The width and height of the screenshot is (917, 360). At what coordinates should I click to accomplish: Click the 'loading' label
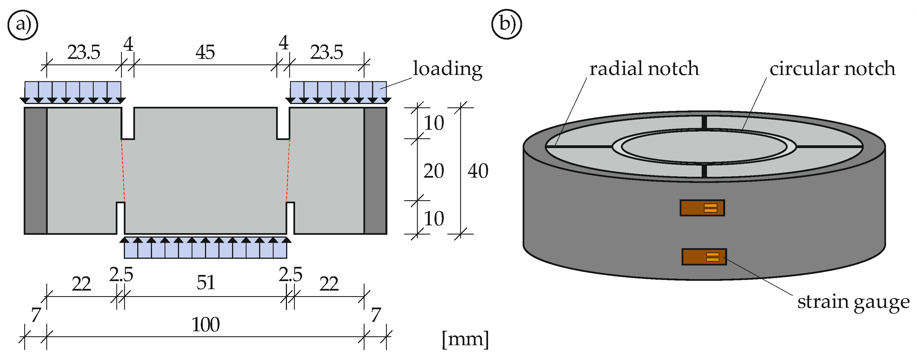click(x=447, y=68)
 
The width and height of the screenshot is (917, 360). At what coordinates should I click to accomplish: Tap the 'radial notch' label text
click(x=644, y=68)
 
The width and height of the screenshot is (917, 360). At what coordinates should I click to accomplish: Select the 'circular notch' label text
click(x=832, y=68)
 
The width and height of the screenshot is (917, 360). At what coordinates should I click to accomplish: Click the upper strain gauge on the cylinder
click(x=702, y=208)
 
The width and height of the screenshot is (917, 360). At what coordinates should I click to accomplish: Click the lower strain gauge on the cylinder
click(x=704, y=257)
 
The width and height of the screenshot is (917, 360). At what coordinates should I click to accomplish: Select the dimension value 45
click(x=205, y=52)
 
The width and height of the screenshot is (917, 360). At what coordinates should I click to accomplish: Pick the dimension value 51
click(x=206, y=283)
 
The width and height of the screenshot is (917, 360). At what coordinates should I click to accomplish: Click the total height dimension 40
click(x=478, y=171)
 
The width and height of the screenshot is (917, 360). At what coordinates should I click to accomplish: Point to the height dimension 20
click(x=434, y=171)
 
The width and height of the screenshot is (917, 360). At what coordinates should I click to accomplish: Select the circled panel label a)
click(x=23, y=25)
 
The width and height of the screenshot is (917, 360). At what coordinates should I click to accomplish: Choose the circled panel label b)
click(x=506, y=24)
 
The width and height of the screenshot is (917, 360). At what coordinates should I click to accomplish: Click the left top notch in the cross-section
click(x=128, y=123)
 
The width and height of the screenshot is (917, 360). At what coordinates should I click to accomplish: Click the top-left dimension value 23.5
click(x=84, y=52)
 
